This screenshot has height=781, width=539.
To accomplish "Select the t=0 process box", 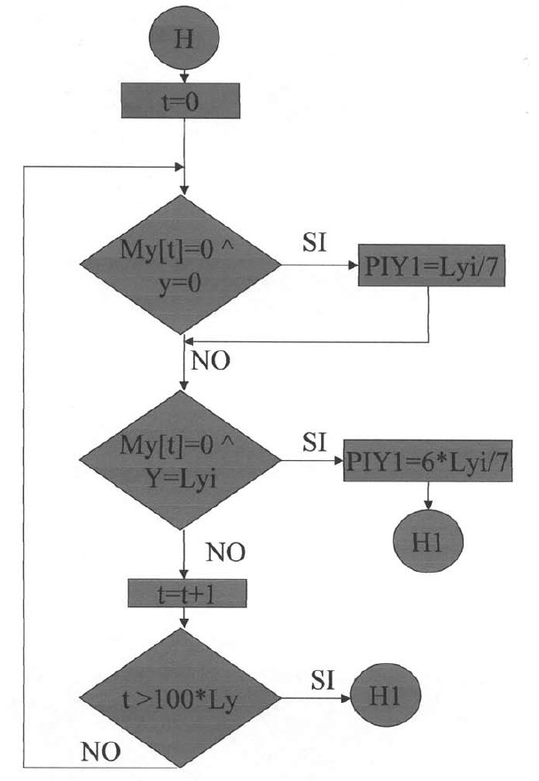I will point(182,102).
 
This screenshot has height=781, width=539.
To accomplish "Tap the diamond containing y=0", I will point(182,265).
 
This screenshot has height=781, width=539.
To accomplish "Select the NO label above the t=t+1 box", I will point(225,554).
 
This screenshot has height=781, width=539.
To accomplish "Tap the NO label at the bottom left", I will point(100,754).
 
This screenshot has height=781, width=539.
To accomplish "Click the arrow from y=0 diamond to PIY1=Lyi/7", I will point(319,265).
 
